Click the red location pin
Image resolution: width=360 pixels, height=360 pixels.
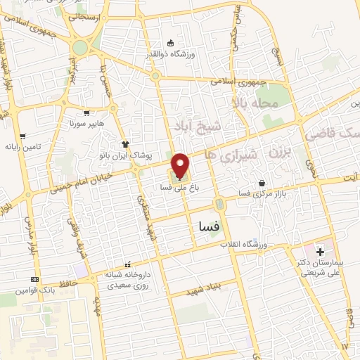tap(180, 165)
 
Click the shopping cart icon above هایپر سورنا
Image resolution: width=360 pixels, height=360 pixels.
tap(86, 112)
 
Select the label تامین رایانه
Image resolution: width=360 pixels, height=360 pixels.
tap(23, 148)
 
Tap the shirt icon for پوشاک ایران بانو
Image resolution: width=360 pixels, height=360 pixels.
tap(126, 145)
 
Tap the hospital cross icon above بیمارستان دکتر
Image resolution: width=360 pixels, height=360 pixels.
tap(320, 251)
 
